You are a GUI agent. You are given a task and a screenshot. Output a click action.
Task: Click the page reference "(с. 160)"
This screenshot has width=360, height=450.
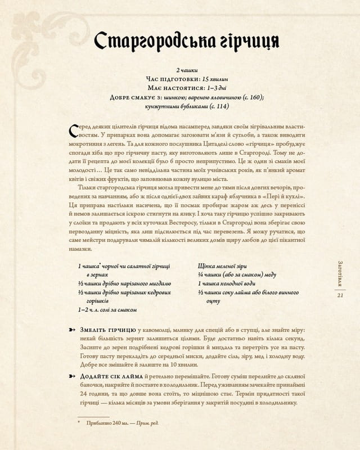click(250, 98)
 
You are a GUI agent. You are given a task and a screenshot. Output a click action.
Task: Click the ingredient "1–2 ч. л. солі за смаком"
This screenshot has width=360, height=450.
click(107, 309)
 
